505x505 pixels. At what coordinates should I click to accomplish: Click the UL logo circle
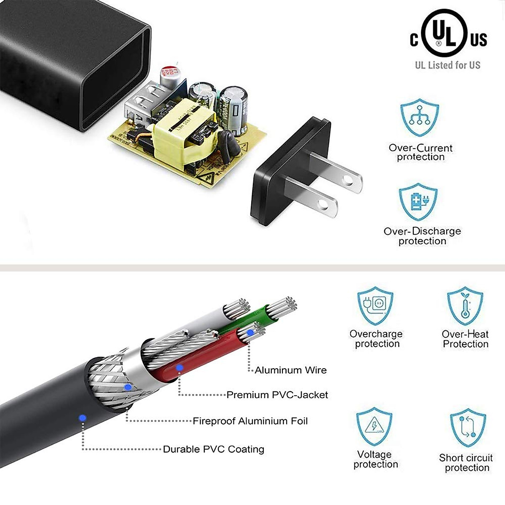tap(445, 33)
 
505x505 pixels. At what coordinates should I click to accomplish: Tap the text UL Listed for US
tap(447, 65)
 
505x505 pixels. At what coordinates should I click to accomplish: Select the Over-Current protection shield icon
tap(420, 117)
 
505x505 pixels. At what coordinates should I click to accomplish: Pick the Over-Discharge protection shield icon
tap(419, 202)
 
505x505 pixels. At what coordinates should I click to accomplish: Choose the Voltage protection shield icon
tap(374, 426)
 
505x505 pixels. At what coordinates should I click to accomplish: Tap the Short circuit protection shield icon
tap(468, 427)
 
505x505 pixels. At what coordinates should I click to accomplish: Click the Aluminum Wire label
tap(290, 370)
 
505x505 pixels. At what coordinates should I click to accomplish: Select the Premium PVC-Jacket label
tap(277, 395)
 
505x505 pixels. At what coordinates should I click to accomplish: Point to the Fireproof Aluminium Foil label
tap(250, 421)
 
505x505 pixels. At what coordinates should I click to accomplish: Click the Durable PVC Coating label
tap(213, 449)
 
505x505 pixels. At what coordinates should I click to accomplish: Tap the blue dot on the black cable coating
tap(82, 417)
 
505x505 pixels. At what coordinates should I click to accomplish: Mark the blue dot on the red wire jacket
tap(180, 368)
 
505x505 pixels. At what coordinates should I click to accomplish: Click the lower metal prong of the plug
tap(312, 196)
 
